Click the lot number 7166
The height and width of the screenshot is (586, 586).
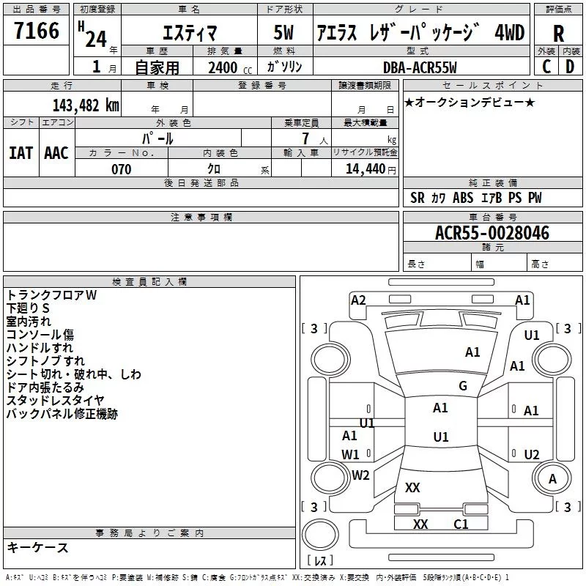(x=37, y=31)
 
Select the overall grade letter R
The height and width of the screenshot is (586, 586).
(x=558, y=34)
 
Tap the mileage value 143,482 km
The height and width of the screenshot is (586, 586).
(x=86, y=105)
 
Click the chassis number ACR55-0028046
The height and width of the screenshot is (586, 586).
(x=492, y=233)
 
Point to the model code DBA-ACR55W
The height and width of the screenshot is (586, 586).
(x=420, y=67)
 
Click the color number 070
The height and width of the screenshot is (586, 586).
(x=122, y=169)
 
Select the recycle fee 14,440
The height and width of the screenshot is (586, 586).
(x=366, y=169)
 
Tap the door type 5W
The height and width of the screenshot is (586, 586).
(x=283, y=32)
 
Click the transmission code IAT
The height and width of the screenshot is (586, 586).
(x=21, y=153)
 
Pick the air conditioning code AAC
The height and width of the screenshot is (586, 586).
(x=56, y=153)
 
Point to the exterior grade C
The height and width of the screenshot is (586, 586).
(x=546, y=67)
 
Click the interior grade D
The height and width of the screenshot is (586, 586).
(x=570, y=67)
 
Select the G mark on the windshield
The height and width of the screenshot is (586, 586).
(x=463, y=385)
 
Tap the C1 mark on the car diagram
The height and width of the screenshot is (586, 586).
(x=461, y=524)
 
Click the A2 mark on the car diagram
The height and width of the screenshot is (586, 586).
(x=358, y=300)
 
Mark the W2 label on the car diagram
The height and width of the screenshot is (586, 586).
(x=360, y=475)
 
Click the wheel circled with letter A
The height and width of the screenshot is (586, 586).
(x=552, y=479)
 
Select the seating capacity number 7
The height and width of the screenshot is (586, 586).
(x=305, y=138)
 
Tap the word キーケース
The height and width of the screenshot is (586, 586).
(x=38, y=547)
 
